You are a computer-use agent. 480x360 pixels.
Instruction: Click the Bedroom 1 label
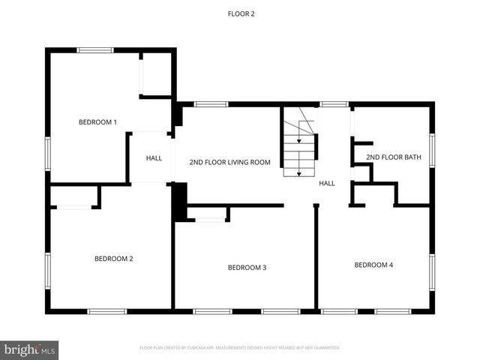pyautogui.click(x=98, y=121)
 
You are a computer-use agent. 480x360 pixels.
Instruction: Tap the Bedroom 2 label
pyautogui.click(x=114, y=259)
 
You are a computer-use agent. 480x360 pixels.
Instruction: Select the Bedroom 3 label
pyautogui.click(x=247, y=267)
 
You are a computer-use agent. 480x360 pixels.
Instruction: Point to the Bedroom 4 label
pyautogui.click(x=373, y=264)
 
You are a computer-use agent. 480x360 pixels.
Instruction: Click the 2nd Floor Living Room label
pyautogui.click(x=229, y=161)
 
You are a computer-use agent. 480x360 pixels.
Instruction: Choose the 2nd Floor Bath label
pyautogui.click(x=394, y=157)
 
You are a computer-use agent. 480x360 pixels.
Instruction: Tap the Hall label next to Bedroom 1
pyautogui.click(x=154, y=158)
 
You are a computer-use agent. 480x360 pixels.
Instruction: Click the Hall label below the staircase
pyautogui.click(x=327, y=183)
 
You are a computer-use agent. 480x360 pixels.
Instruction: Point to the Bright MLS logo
pyautogui.click(x=30, y=349)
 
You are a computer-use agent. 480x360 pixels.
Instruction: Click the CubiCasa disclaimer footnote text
pyautogui.click(x=240, y=347)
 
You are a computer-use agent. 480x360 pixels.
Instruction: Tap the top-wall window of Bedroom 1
pyautogui.click(x=96, y=50)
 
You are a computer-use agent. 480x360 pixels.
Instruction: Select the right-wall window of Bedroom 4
pyautogui.click(x=432, y=272)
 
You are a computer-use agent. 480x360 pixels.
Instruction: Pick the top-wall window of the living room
pyautogui.click(x=211, y=104)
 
